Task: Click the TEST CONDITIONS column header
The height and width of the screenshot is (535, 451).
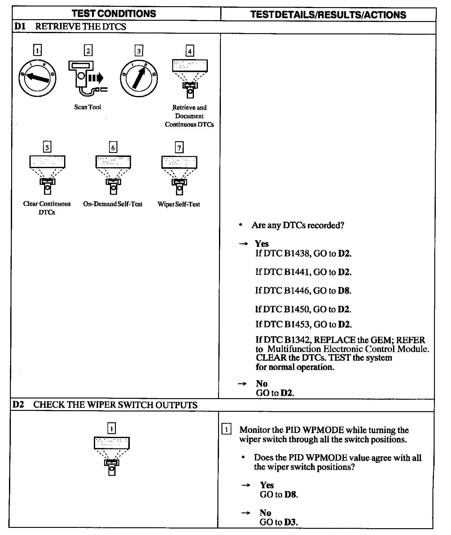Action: [114, 14]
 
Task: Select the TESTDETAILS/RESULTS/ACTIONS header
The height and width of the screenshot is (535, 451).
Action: [328, 15]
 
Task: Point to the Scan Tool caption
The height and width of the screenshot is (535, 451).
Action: [88, 107]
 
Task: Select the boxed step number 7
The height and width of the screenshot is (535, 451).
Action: [179, 147]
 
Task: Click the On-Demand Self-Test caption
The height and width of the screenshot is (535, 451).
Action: [113, 204]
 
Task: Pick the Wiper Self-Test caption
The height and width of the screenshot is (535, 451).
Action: [179, 204]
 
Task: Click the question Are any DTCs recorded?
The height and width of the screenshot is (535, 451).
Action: [298, 225]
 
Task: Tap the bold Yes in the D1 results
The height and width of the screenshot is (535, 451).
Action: [262, 244]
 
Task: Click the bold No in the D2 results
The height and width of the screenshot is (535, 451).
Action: [265, 513]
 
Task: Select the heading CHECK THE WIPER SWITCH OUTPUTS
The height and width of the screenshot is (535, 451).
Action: [115, 405]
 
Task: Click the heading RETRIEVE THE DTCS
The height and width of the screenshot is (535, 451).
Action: [81, 27]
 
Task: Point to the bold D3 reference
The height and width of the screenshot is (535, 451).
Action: [291, 522]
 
